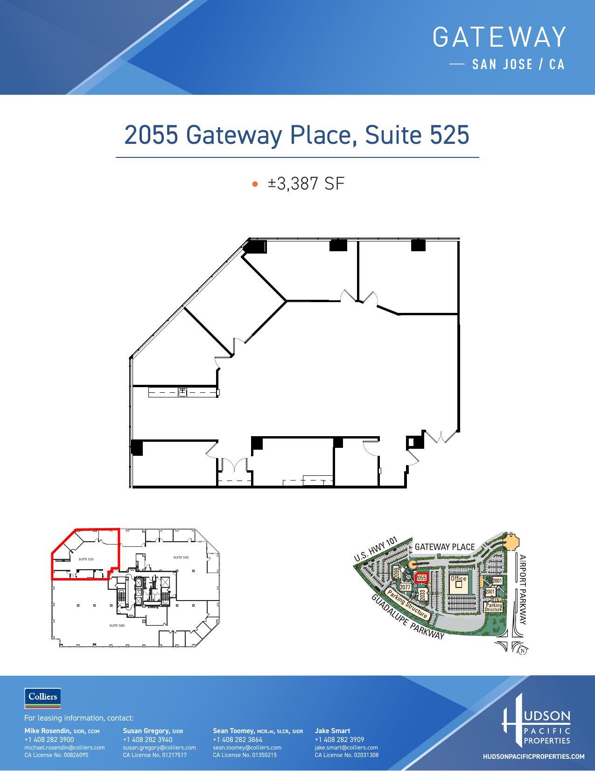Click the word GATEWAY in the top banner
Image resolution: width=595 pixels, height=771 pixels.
[x=499, y=37]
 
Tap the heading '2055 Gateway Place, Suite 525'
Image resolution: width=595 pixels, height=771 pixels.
[x=297, y=135]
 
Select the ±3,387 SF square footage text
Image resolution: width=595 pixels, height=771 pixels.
[x=306, y=184]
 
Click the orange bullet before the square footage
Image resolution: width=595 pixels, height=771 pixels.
[x=255, y=184]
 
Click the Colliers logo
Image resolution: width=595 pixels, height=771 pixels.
[x=42, y=697]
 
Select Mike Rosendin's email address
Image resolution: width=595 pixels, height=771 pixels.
[x=64, y=748]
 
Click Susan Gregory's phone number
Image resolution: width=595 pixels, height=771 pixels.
[x=147, y=740]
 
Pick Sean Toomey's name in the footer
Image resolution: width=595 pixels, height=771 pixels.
[x=233, y=731]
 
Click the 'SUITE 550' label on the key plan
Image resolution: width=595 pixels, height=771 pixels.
[x=181, y=557]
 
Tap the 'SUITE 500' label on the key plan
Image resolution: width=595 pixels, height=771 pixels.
[x=117, y=625]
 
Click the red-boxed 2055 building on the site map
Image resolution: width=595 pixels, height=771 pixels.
[x=421, y=578]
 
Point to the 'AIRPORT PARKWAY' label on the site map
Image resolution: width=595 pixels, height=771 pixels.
[x=523, y=589]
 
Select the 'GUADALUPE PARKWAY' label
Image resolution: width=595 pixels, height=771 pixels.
[x=408, y=618]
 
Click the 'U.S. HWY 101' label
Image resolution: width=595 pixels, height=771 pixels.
[x=375, y=549]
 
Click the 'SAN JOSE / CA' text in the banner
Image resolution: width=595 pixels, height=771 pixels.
[x=518, y=64]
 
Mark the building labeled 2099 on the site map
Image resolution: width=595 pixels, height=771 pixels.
[x=396, y=572]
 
